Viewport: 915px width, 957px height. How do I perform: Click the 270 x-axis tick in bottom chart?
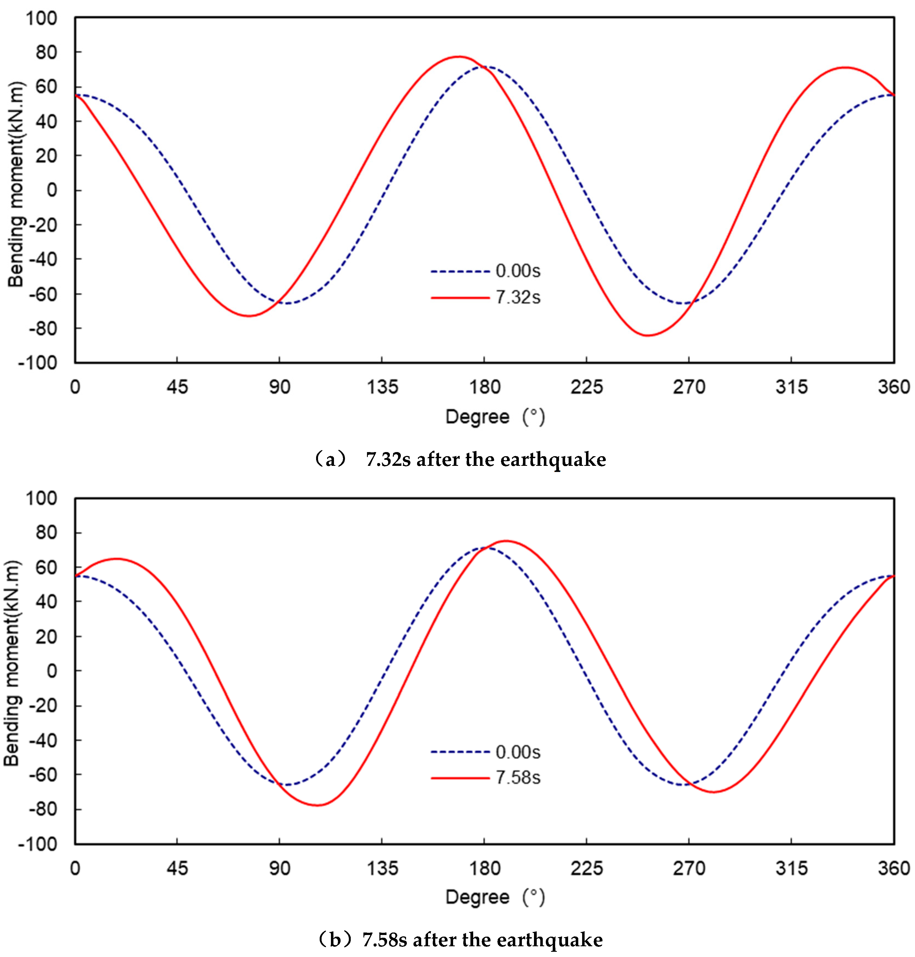coord(689,868)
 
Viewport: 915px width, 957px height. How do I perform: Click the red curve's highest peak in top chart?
coord(459,57)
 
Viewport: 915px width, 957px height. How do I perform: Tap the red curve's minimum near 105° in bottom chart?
coord(317,805)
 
